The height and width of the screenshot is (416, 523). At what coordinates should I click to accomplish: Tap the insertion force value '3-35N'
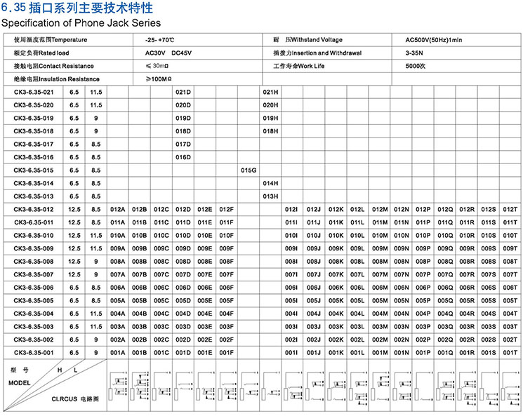tap(415, 53)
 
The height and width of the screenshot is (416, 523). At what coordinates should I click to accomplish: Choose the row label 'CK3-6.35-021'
tap(34, 92)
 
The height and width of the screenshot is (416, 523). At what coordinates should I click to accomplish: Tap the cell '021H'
tap(270, 92)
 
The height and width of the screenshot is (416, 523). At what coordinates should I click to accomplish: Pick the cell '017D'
tap(183, 144)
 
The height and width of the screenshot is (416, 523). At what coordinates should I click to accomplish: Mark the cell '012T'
tap(510, 209)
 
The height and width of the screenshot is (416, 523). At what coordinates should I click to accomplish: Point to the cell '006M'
tap(380, 287)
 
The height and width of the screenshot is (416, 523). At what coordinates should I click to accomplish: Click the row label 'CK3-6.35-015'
tap(34, 170)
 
